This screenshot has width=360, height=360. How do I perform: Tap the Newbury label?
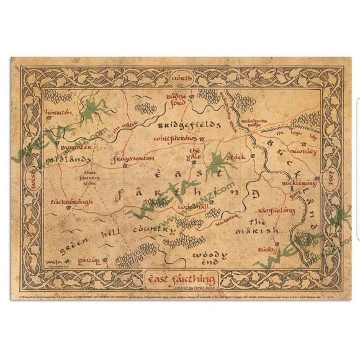[304, 151]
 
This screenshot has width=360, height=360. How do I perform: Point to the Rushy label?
[267, 250]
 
